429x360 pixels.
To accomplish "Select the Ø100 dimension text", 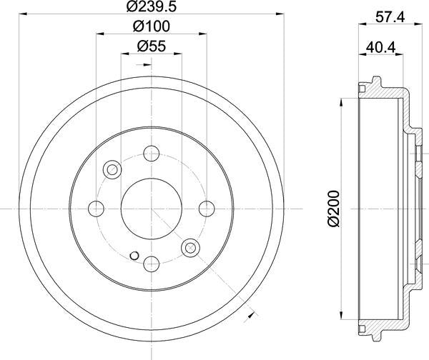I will [x=151, y=28].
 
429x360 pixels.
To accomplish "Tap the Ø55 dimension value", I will [x=151, y=47].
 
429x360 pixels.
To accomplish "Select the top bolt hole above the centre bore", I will [x=151, y=152].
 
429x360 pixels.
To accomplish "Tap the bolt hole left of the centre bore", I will [x=96, y=208].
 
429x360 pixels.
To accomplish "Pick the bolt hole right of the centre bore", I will [x=207, y=208].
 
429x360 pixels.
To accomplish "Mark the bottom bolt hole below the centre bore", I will [x=151, y=263].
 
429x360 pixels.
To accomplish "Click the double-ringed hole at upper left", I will [x=112, y=169].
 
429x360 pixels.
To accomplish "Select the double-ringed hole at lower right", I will [x=189, y=247].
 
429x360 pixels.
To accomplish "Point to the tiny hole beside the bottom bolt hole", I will [x=134, y=255].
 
